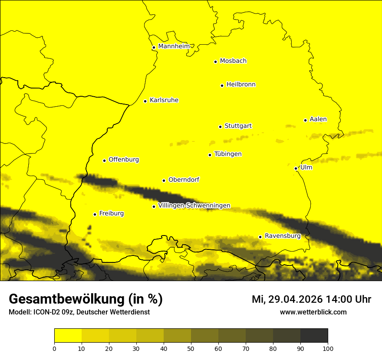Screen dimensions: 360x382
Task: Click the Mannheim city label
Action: pyautogui.click(x=174, y=46)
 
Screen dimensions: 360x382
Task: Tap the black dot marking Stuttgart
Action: pyautogui.click(x=220, y=127)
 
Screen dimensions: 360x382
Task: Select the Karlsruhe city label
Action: pyautogui.click(x=164, y=100)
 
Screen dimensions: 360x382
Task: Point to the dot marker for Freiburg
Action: pyautogui.click(x=95, y=214)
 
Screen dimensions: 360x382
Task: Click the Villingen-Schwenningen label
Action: pyautogui.click(x=194, y=206)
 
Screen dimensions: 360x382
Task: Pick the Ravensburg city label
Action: pyautogui.click(x=282, y=236)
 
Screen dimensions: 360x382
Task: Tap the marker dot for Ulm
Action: pyautogui.click(x=296, y=168)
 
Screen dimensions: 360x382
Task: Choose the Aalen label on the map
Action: pyautogui.click(x=318, y=119)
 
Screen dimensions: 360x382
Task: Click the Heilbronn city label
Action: pyautogui.click(x=241, y=85)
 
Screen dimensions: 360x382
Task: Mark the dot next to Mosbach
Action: pyautogui.click(x=215, y=62)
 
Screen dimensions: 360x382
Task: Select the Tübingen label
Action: pyautogui.click(x=228, y=154)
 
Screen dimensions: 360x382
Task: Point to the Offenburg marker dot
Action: pyautogui.click(x=104, y=160)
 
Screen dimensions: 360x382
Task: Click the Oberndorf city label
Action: pyautogui.click(x=184, y=180)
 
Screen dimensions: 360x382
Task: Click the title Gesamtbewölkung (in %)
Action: pyautogui.click(x=86, y=299)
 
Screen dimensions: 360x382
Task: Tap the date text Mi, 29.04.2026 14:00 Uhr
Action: pyautogui.click(x=311, y=299)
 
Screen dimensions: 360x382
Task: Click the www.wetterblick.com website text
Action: pyautogui.click(x=313, y=312)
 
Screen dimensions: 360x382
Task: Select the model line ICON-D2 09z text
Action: pyautogui.click(x=79, y=312)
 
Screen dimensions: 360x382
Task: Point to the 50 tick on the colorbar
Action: pyautogui.click(x=191, y=348)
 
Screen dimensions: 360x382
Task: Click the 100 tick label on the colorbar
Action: pyautogui.click(x=328, y=348)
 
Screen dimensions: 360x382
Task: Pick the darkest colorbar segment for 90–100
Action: pyautogui.click(x=314, y=336)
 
